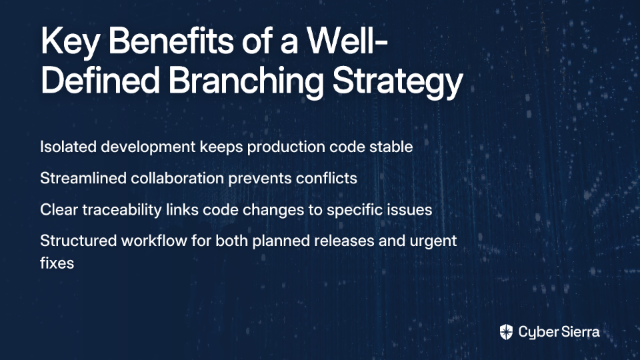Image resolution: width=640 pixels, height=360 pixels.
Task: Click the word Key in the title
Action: [70, 42]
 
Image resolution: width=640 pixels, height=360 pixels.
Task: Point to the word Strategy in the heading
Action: [397, 81]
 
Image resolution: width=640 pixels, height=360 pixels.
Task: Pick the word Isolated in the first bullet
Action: [68, 147]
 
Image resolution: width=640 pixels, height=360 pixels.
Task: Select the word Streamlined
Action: [83, 179]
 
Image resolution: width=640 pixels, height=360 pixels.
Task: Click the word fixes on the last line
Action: [57, 263]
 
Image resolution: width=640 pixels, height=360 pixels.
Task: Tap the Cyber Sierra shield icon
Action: [506, 332]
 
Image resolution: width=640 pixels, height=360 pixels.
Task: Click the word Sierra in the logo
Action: [579, 331]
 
